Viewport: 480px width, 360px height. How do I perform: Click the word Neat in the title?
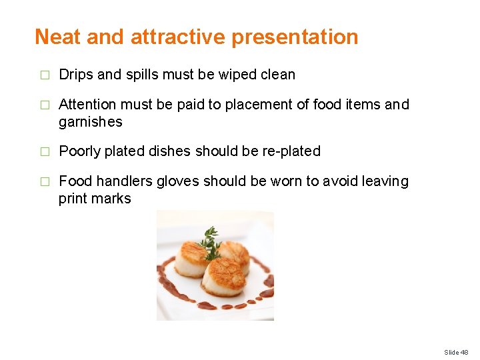pos(59,37)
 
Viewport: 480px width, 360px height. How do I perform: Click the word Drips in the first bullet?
pos(76,75)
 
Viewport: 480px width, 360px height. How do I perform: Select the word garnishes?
pos(91,122)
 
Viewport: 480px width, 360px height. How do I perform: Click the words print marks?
pos(95,199)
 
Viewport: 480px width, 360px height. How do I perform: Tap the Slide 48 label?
pos(457,352)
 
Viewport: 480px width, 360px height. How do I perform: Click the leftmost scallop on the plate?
pos(191,259)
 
